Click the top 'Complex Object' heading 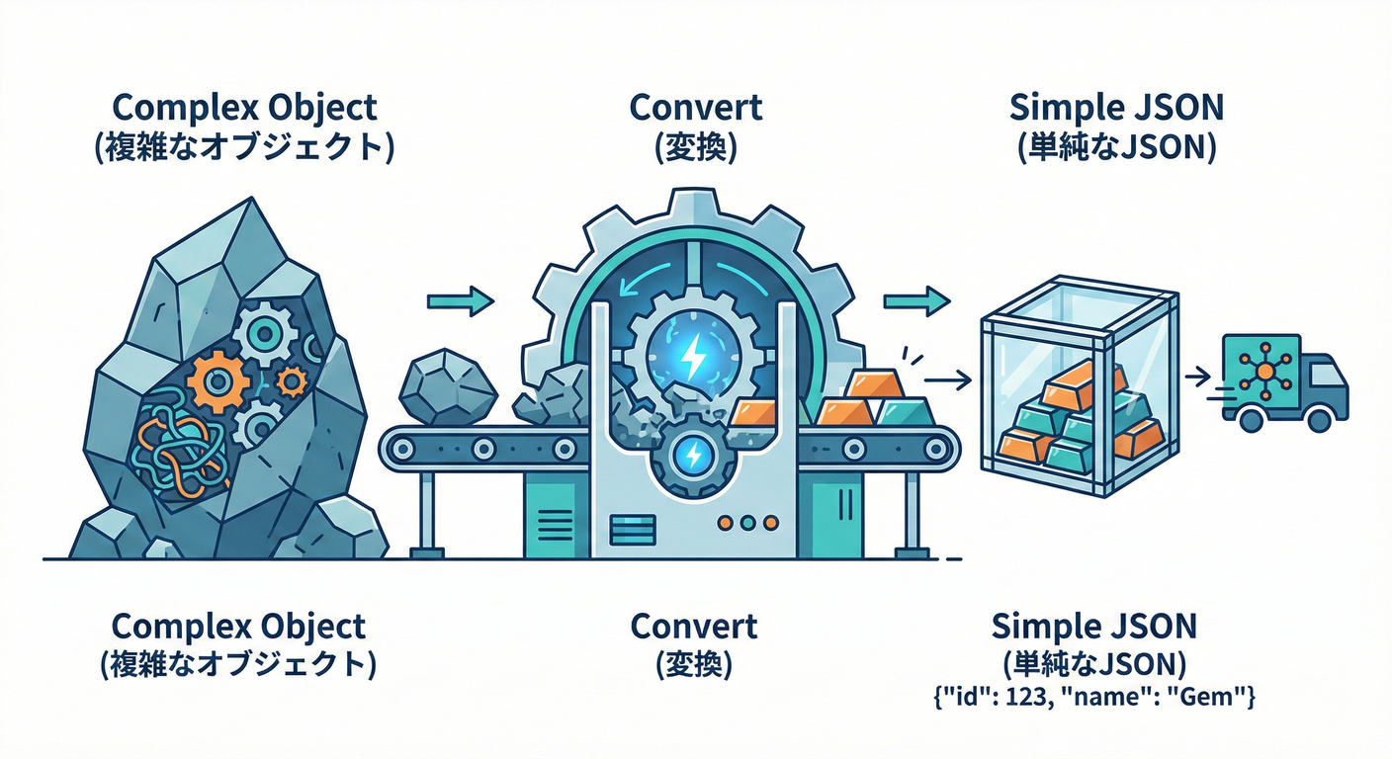pyautogui.click(x=245, y=106)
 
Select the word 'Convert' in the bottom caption pyautogui.click(x=694, y=626)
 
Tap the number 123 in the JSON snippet pyautogui.click(x=1022, y=698)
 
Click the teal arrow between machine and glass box pyautogui.click(x=916, y=300)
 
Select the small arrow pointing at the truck pyautogui.click(x=1197, y=376)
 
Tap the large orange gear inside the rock pyautogui.click(x=217, y=381)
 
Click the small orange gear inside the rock pyautogui.click(x=291, y=380)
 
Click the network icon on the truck pyautogui.click(x=1265, y=373)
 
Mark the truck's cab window pyautogui.click(x=1325, y=374)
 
